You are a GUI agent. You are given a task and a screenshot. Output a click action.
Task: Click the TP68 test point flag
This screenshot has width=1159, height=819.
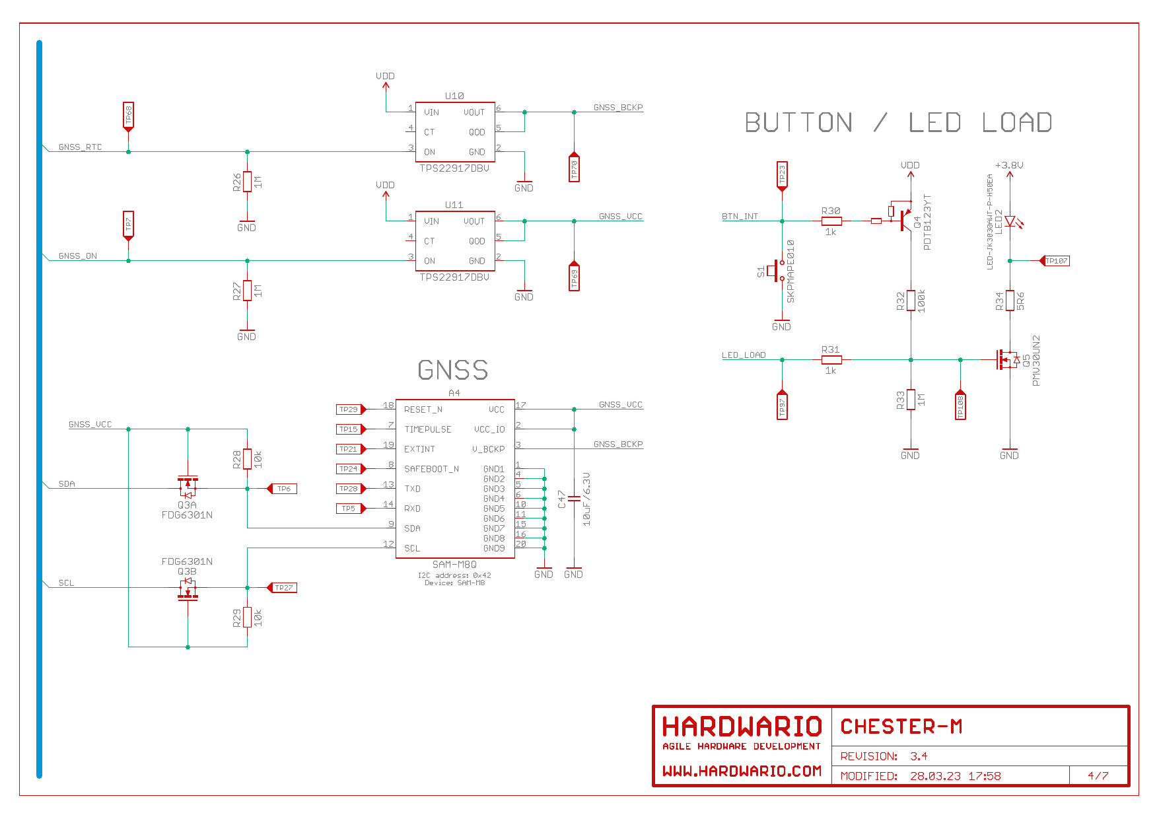[x=128, y=116]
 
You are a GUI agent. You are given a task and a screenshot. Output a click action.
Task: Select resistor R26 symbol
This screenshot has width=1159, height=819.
[x=247, y=181]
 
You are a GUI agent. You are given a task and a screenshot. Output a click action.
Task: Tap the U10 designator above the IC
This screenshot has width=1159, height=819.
[x=454, y=96]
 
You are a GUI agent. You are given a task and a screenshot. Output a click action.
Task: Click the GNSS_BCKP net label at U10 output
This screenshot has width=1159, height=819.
[x=617, y=107]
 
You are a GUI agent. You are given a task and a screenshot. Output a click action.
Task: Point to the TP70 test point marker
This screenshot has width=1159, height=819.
[x=574, y=168]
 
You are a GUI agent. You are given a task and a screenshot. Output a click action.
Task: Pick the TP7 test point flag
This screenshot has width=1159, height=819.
[x=128, y=225]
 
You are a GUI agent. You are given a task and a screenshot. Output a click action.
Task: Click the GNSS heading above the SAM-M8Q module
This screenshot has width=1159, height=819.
[x=453, y=370]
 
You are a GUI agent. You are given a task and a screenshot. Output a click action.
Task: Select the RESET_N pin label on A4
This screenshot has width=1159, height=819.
[x=423, y=409]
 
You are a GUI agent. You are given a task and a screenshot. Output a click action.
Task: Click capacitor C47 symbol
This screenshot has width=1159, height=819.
[x=574, y=499]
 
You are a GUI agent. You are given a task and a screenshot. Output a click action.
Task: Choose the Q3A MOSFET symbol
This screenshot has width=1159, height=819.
[x=188, y=487]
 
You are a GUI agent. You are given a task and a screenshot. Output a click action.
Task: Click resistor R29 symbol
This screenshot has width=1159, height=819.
[x=247, y=617]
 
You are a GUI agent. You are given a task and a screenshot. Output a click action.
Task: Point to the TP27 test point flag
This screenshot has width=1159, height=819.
[x=283, y=588]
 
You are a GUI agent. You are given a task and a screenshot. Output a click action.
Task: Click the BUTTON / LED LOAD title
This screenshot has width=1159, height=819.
[x=898, y=123]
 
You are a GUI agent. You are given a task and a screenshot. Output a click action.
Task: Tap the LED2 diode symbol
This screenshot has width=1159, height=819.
[x=1010, y=222]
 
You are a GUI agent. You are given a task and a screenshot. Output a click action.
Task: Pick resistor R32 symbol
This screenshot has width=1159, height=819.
[x=911, y=301]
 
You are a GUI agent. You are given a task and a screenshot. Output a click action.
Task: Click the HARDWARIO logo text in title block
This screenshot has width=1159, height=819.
[x=742, y=727]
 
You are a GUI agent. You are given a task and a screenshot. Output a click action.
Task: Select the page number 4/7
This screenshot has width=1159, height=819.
[x=1098, y=776]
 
